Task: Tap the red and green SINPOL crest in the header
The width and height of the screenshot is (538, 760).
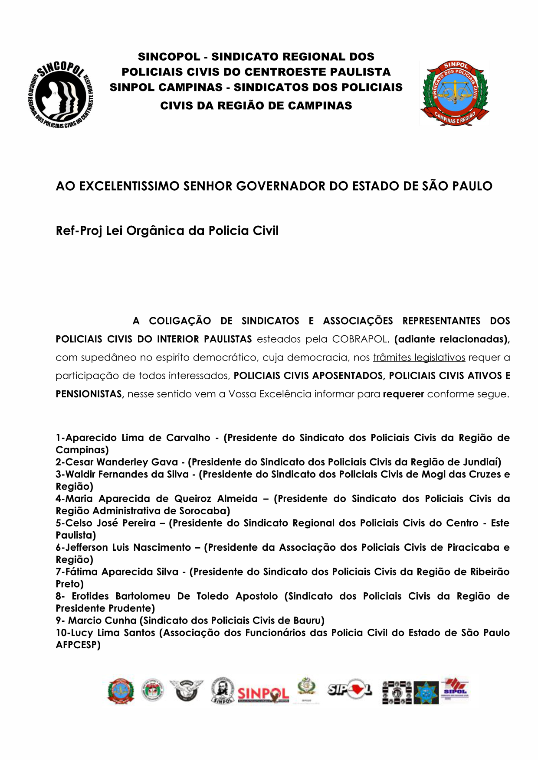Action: pos(455,93)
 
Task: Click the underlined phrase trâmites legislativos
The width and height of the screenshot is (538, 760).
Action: pos(419,357)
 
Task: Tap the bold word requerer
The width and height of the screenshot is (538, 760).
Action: pos(403,394)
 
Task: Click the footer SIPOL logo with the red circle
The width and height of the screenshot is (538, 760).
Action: pos(350,689)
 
